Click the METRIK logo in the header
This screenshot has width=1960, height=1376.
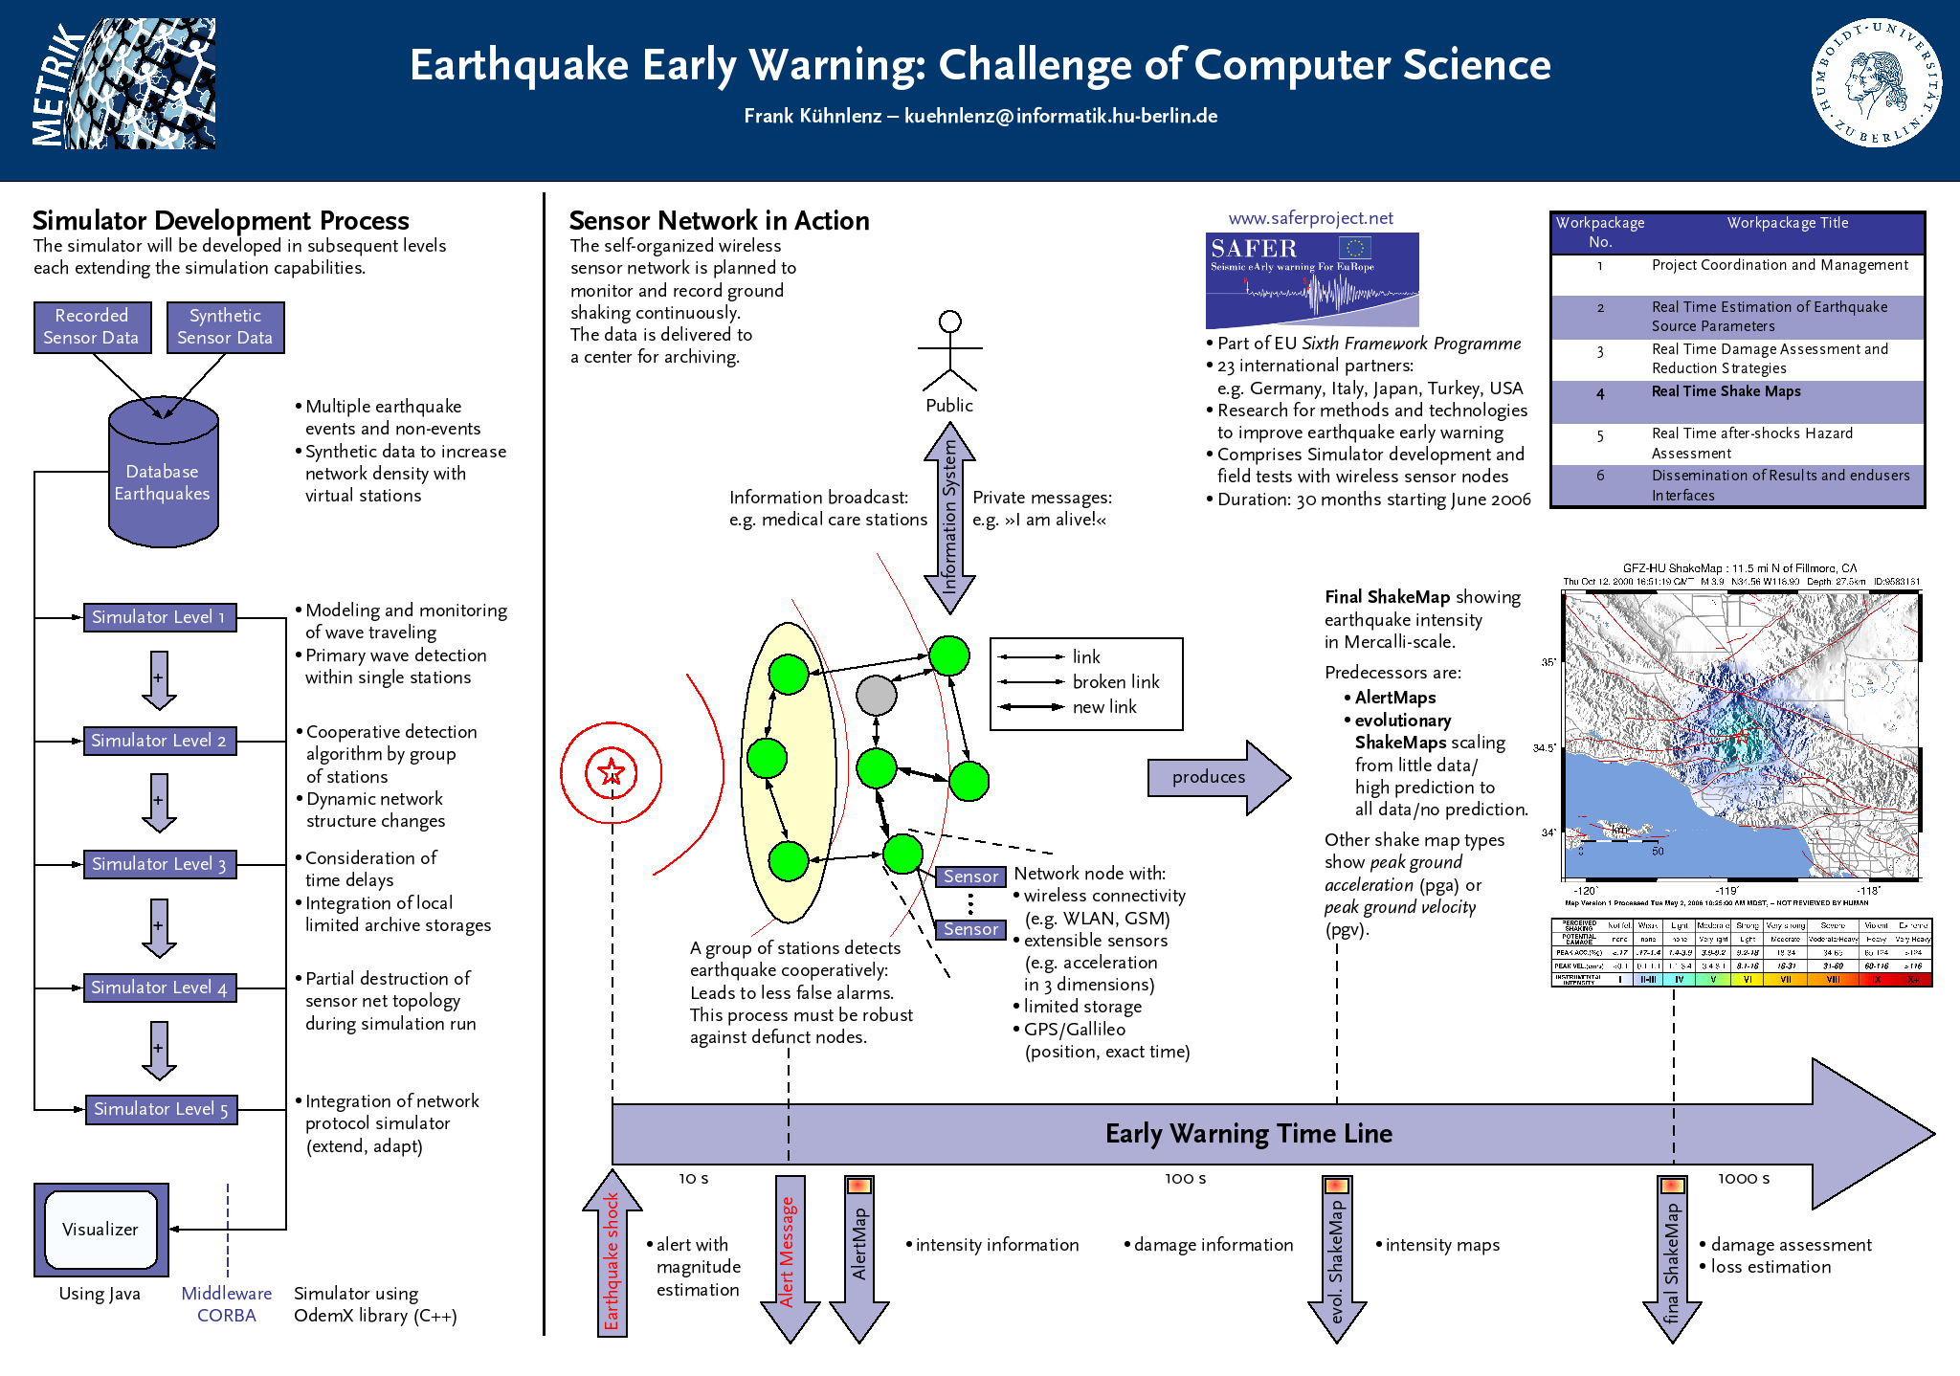coord(123,84)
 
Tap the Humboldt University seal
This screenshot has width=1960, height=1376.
coord(1876,83)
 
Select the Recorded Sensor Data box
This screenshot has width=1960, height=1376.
coord(92,327)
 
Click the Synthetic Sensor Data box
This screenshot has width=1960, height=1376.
coord(225,327)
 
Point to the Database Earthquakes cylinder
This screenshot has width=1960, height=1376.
coord(164,478)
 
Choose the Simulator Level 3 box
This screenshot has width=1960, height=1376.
coord(159,864)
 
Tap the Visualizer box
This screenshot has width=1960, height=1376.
coord(101,1230)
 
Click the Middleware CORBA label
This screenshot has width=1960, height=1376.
coord(227,1304)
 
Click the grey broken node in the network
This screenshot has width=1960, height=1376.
coord(876,696)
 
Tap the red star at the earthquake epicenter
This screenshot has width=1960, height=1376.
coord(611,771)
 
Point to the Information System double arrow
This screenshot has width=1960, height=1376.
coord(949,518)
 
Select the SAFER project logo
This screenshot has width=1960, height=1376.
coord(1311,279)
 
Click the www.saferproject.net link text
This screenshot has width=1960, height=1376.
coord(1310,218)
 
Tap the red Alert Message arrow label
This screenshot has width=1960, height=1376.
coord(788,1252)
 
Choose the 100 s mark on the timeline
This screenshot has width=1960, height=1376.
coord(1185,1179)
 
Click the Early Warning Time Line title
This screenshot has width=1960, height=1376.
coord(1248,1134)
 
